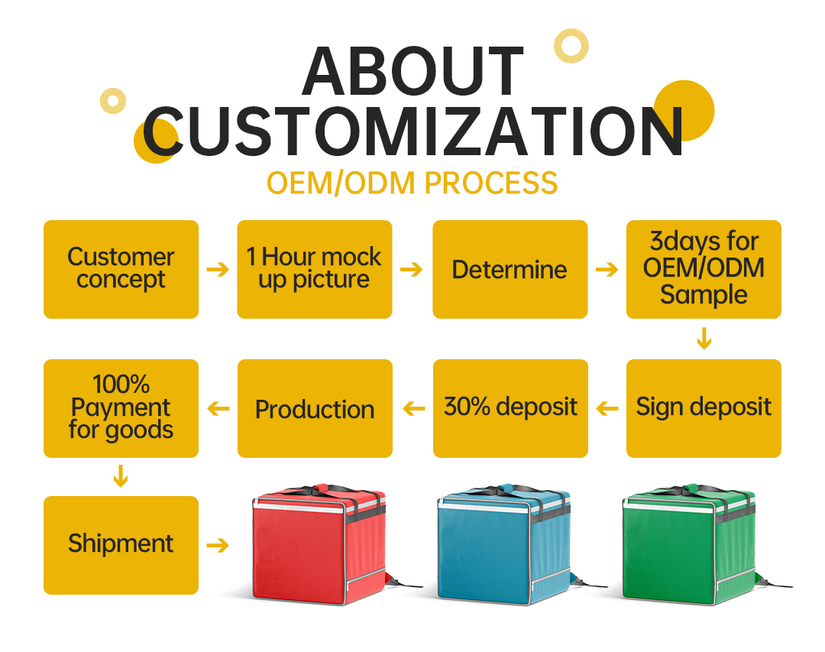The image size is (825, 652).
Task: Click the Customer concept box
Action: tap(121, 269)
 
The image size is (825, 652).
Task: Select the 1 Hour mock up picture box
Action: tap(315, 269)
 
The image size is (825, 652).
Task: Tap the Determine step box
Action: tap(510, 269)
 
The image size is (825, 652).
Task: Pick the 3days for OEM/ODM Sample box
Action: tap(704, 269)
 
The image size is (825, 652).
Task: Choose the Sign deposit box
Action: tap(704, 408)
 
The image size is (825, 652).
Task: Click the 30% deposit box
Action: tap(510, 408)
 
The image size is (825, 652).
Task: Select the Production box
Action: tap(315, 408)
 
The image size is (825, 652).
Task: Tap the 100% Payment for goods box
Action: tap(121, 408)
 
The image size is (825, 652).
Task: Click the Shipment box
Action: tap(121, 545)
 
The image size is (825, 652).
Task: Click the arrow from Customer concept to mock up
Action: tap(218, 270)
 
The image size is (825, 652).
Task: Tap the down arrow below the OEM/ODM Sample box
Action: tap(704, 338)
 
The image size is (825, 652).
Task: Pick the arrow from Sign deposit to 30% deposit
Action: tap(607, 408)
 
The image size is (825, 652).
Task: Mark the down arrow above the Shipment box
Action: tap(121, 475)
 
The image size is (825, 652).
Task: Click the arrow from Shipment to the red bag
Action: tap(218, 545)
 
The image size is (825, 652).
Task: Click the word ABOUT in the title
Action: tap(413, 71)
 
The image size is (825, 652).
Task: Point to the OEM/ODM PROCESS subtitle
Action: tap(412, 183)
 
